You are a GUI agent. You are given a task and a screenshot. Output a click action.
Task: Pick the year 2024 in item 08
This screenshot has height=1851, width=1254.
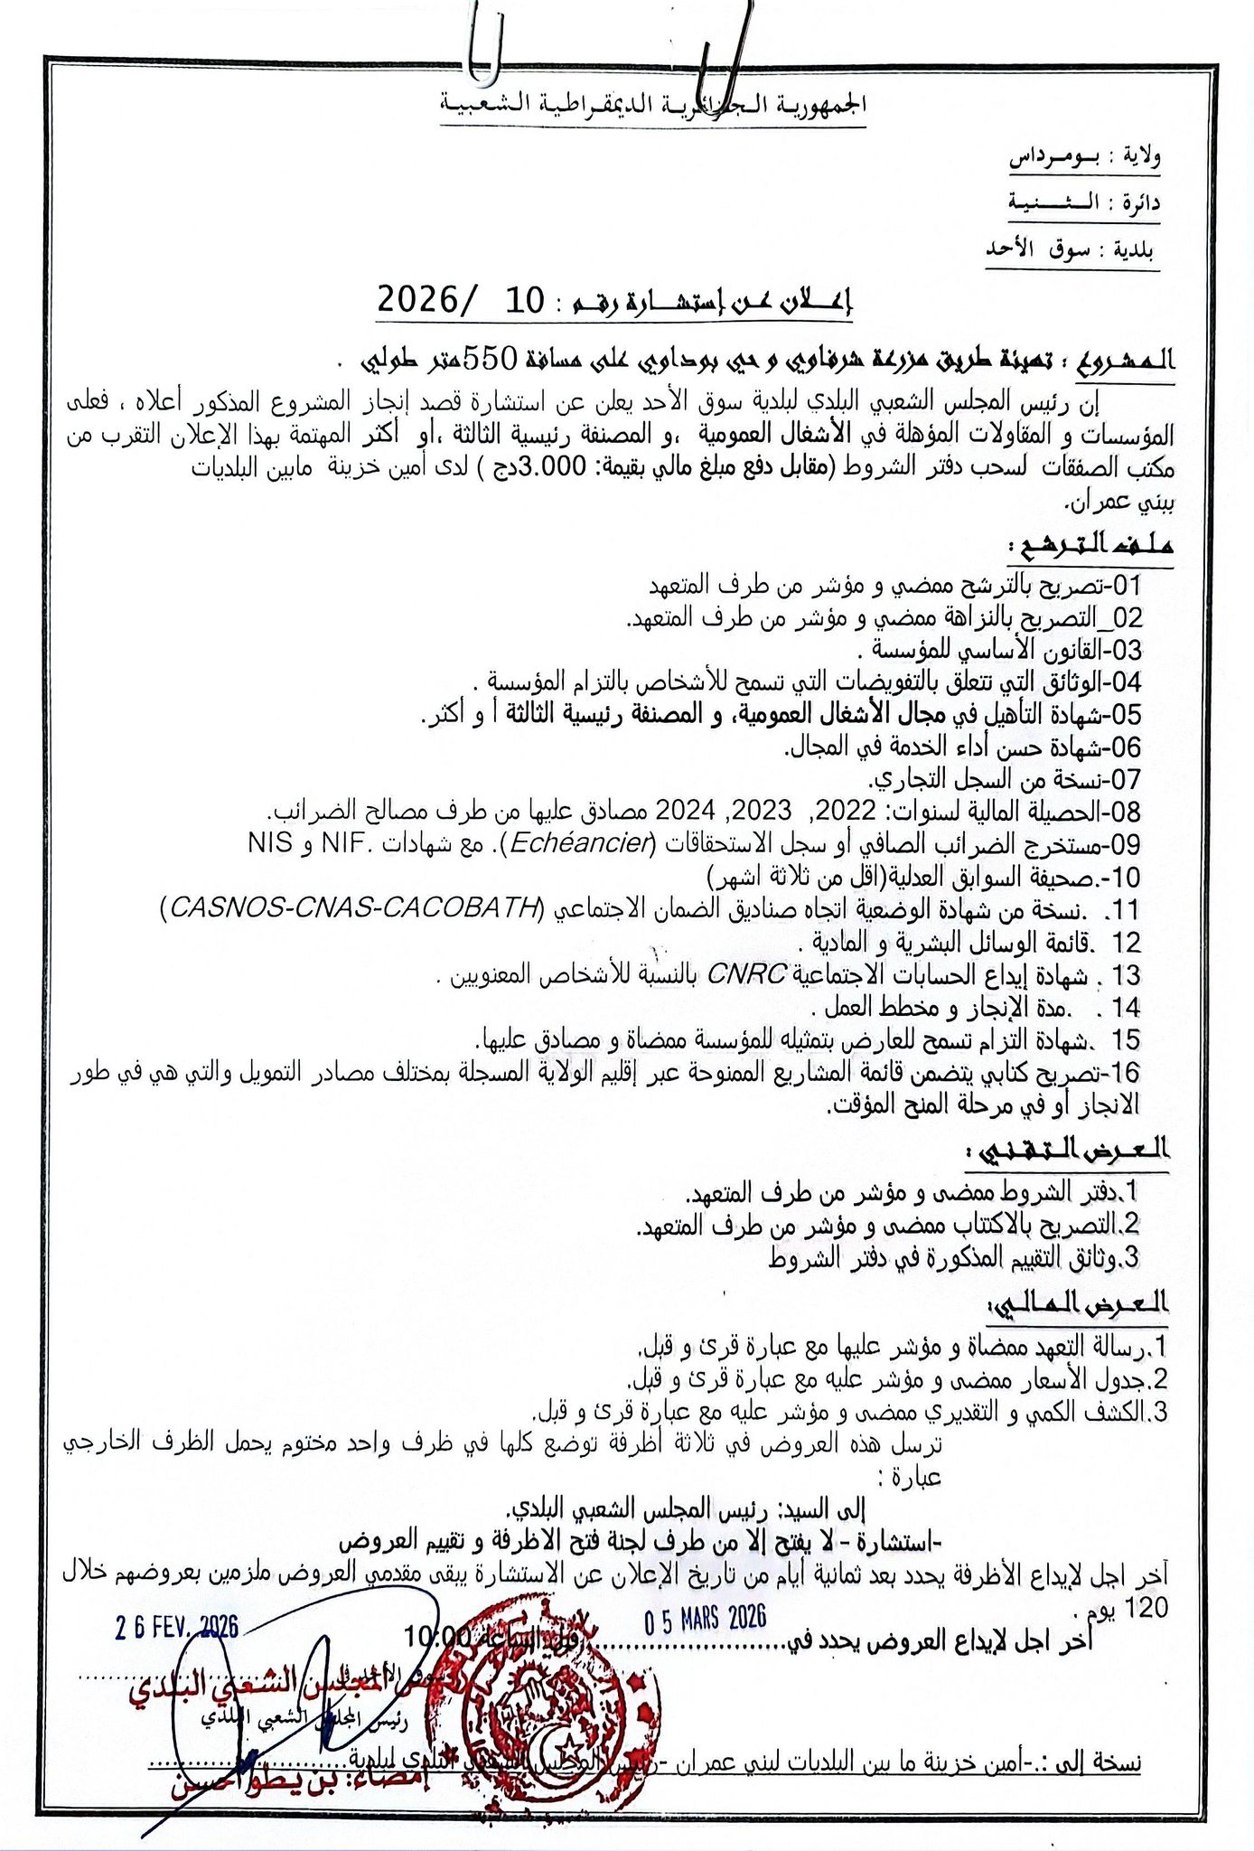click(686, 809)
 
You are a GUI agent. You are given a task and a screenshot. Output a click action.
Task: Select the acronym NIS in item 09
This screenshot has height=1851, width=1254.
click(269, 843)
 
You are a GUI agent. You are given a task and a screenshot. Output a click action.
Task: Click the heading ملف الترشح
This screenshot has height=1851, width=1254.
click(1091, 547)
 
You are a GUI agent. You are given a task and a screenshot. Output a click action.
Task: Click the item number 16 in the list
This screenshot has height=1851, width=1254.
click(1126, 1072)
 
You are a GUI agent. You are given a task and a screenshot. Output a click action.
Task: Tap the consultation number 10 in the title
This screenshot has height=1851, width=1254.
click(520, 300)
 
